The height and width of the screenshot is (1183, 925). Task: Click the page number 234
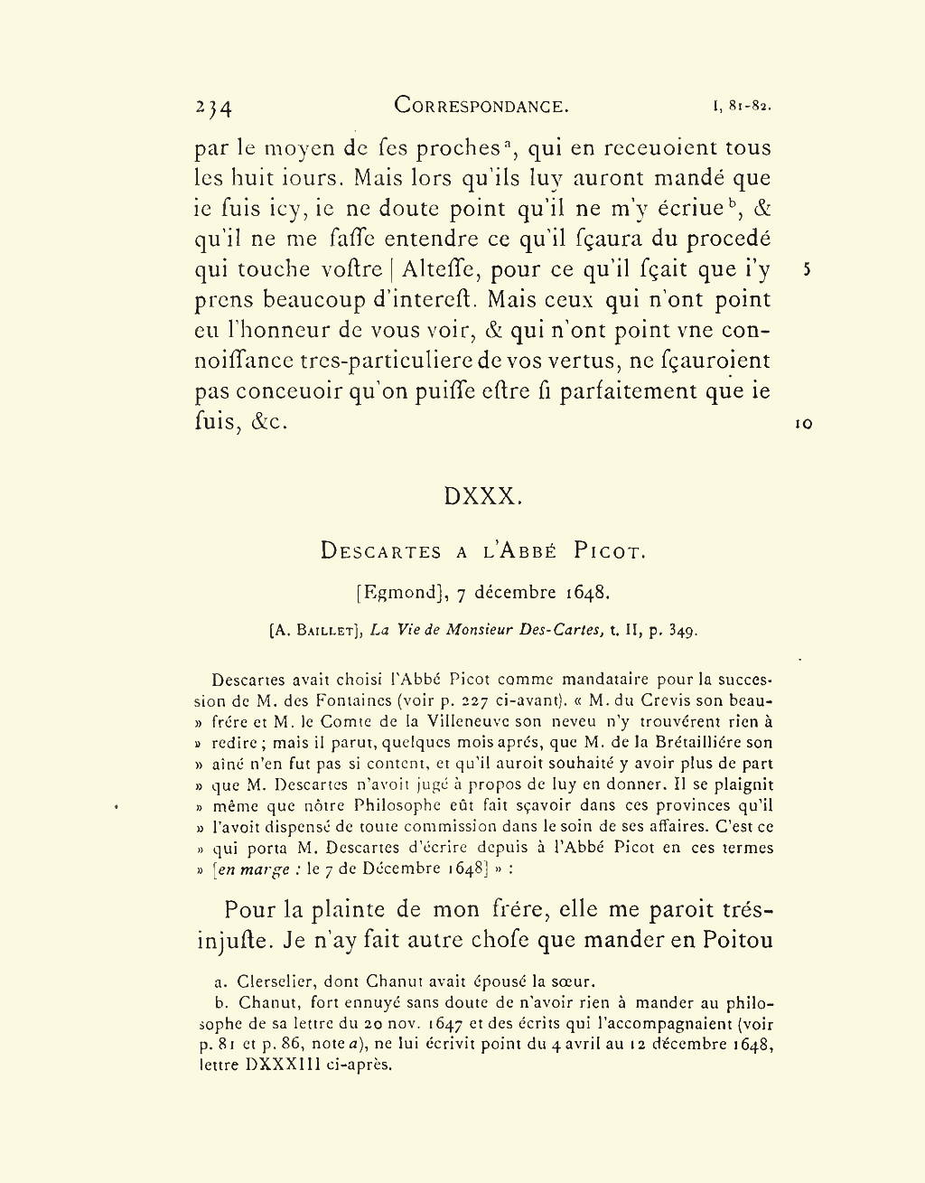point(213,108)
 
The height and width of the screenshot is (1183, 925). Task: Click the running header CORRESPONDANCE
point(481,106)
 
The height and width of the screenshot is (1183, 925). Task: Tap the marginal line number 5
point(807,270)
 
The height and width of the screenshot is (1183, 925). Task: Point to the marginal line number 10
point(803,423)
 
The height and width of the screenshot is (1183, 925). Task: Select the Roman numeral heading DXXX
point(483,496)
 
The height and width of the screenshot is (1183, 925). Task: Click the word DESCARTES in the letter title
point(380,551)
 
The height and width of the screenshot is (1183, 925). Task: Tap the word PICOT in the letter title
point(610,551)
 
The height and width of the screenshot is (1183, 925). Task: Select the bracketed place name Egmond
point(400,594)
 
